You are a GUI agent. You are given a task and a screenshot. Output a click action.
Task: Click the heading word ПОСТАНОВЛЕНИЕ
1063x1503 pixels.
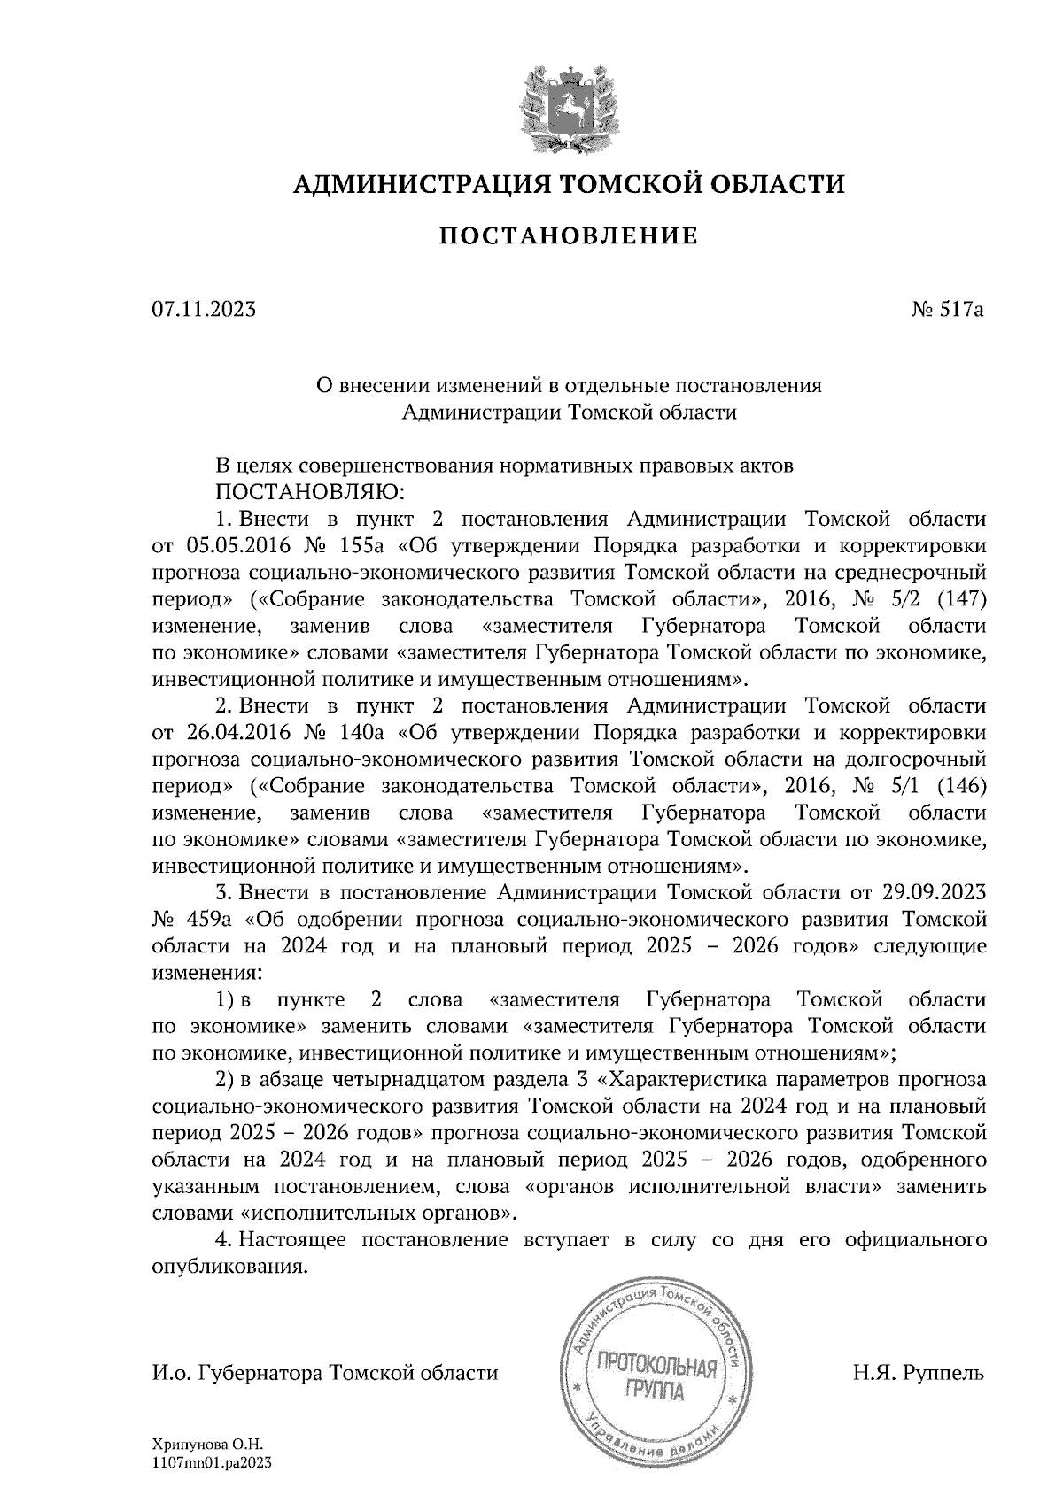[x=569, y=236]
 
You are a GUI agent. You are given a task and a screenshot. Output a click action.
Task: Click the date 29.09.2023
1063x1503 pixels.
[x=935, y=891]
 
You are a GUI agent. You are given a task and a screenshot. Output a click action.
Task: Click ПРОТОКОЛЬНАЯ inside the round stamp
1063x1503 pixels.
[x=656, y=1369]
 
